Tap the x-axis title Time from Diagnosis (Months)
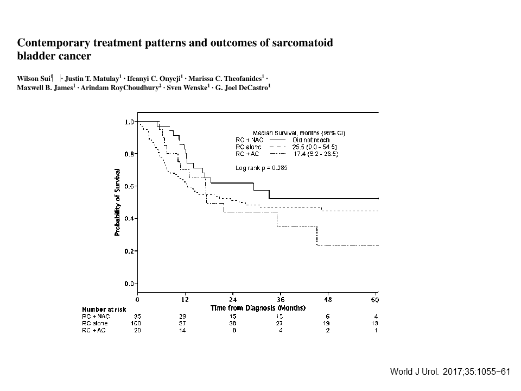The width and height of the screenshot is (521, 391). point(258,308)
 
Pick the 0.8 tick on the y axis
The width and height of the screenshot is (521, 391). point(129,154)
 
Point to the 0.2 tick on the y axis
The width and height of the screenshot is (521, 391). point(129,251)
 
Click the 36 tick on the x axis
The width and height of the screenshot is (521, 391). point(281,299)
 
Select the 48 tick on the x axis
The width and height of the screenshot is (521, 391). point(328,299)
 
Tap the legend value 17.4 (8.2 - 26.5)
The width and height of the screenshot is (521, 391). point(315,154)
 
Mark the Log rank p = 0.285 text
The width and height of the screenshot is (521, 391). point(262,168)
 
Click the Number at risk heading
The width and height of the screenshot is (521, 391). point(104,309)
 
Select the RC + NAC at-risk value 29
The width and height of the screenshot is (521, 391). point(185,316)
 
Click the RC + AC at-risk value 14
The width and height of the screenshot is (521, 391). point(185,330)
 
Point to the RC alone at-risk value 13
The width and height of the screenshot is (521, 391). point(375,323)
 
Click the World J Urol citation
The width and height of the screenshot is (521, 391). point(450,372)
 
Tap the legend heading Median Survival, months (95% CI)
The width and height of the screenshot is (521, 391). point(299,133)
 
